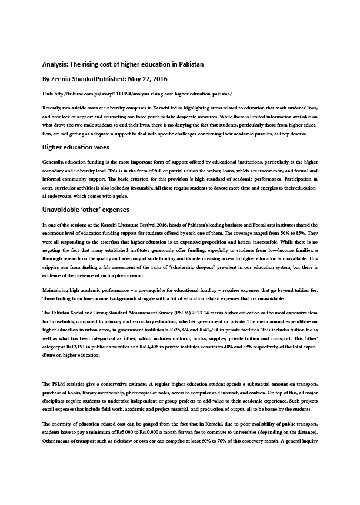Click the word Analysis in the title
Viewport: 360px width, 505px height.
coord(55,64)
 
